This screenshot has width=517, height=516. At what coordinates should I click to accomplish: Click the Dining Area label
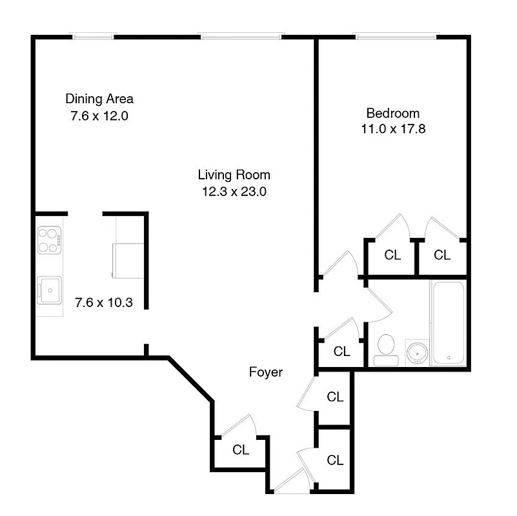[99, 99]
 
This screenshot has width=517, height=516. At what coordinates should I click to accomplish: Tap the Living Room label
[234, 174]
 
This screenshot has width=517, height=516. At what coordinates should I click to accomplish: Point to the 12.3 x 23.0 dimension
[234, 191]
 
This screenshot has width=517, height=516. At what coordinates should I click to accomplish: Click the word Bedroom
[392, 112]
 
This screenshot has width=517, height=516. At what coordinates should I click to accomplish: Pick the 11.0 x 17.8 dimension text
[392, 129]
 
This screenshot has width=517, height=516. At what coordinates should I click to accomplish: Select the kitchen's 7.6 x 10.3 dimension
[103, 302]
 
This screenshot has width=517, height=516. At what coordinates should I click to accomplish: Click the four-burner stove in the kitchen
[49, 239]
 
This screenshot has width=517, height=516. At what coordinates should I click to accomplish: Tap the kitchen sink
[48, 288]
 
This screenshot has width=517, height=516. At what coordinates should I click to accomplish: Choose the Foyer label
[266, 372]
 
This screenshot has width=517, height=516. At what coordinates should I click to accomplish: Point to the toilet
[386, 347]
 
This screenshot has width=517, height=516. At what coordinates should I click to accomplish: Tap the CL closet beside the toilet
[341, 352]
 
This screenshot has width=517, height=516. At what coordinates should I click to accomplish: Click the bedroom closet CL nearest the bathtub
[441, 255]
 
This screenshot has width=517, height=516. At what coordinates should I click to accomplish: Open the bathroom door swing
[378, 310]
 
